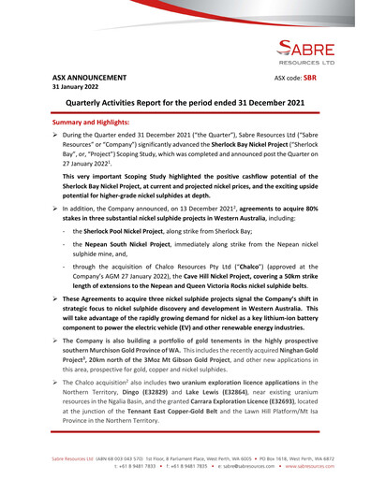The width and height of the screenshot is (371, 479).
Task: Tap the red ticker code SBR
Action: tap(311, 78)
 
